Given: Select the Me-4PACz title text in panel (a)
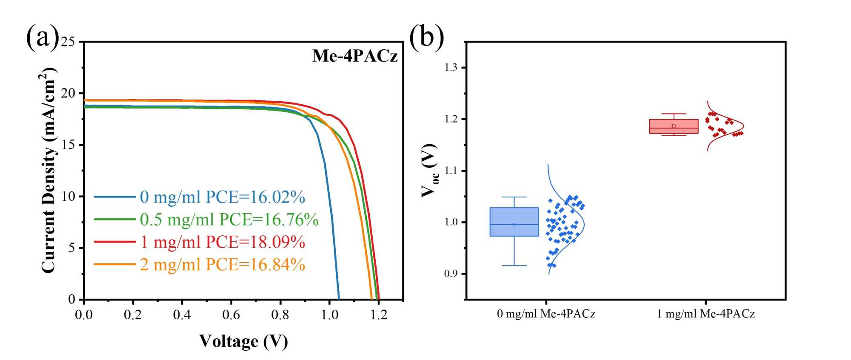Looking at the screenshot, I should pos(355,56).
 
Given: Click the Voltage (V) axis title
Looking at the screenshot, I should pos(243,341).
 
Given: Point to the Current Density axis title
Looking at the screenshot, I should pos(49,170).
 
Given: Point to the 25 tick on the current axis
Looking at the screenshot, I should pos(67,42).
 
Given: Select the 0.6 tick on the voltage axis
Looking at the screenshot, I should pos(231,315).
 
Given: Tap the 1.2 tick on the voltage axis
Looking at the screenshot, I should pos(379,315).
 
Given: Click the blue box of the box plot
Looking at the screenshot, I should pos(514,221).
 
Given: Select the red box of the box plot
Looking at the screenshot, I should pos(674,126).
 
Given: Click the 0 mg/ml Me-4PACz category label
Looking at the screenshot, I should pos(546,314).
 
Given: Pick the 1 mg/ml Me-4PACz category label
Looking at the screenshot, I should pos(706,314).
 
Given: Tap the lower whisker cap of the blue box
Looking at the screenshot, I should pos(514,266).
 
